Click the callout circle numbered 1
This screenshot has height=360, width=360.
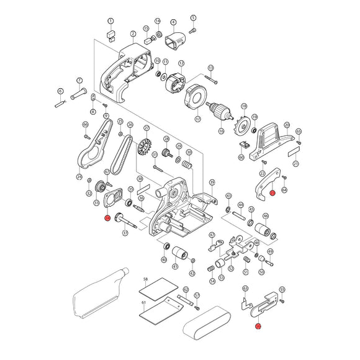[x=110, y=21]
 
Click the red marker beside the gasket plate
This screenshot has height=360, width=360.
[x=107, y=217]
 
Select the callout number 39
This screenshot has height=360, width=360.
[x=212, y=182]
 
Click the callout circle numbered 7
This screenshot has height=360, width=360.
[x=79, y=81]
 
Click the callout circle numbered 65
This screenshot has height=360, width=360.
[x=299, y=132]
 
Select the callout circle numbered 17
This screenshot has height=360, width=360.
[x=198, y=119]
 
